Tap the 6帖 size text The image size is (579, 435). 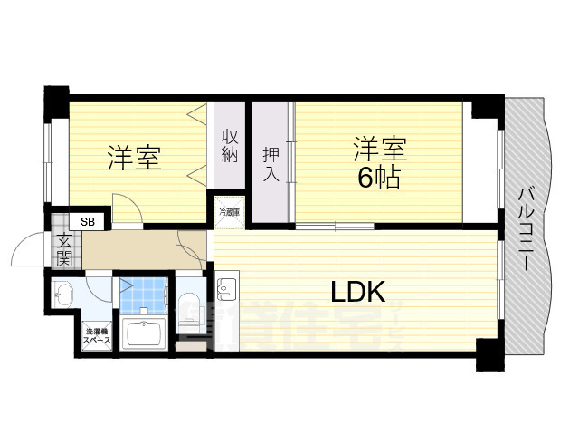pos(379,177)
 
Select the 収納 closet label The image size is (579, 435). pos(230,148)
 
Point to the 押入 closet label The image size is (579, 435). pos(271,164)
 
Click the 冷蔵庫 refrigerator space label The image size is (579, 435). pos(229,213)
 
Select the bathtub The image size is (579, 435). pos(143,333)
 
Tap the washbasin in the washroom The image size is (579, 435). pos(62,293)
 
